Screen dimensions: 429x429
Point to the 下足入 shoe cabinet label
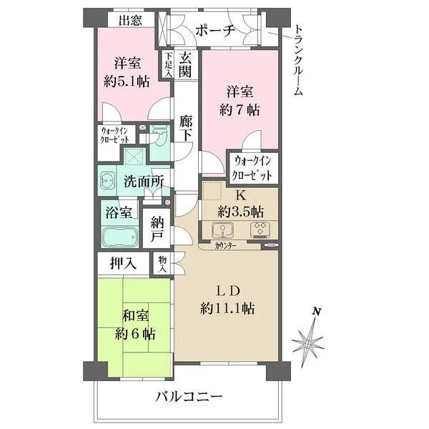click(167, 65)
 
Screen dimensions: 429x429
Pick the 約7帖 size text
click(239, 110)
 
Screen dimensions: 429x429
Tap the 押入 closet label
click(123, 263)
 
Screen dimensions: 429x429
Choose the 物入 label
click(163, 265)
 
